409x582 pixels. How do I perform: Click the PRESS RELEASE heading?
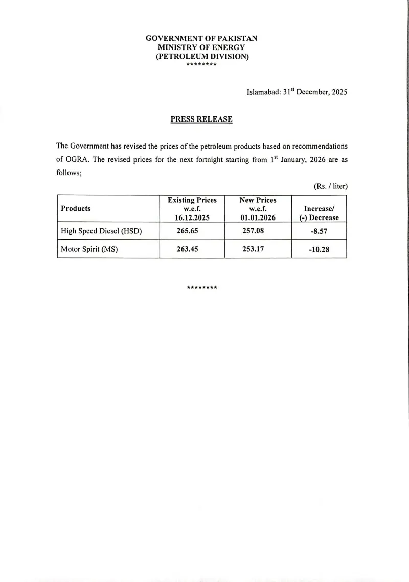[x=201, y=119]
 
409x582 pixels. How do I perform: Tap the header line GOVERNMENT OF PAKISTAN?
[x=201, y=38]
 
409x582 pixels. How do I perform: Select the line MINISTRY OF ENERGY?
[x=201, y=47]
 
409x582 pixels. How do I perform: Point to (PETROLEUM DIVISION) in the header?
[x=202, y=57]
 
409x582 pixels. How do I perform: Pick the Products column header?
[x=76, y=208]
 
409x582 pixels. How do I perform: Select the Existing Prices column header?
[x=192, y=209]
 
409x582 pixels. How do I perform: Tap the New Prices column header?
[x=258, y=209]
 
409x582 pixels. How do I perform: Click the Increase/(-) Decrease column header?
[x=319, y=213]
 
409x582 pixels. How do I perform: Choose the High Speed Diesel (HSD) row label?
[x=101, y=231]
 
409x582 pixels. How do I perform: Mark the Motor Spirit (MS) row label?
[x=89, y=250]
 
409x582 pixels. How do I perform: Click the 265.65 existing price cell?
[x=187, y=231]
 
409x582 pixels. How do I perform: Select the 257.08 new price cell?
[x=253, y=231]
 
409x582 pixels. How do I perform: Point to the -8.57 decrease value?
[x=319, y=231]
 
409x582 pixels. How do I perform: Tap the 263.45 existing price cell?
[x=187, y=250]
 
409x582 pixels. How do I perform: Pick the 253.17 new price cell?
[x=253, y=250]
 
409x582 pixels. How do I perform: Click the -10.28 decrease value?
[x=319, y=250]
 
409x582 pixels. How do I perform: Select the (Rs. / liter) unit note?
[x=330, y=187]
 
